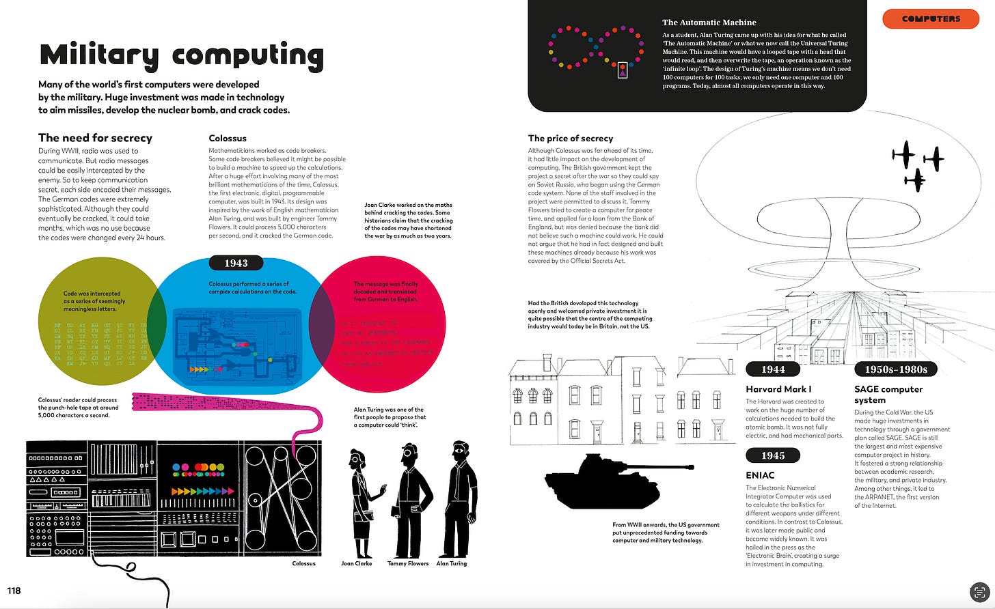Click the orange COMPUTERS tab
[x=931, y=19]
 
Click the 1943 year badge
[x=236, y=263]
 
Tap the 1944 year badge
[x=773, y=369]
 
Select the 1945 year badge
[x=773, y=455]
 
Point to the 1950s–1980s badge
[x=895, y=369]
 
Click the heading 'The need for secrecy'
[x=95, y=138]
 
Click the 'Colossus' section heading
[x=228, y=138]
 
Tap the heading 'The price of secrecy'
[x=570, y=138]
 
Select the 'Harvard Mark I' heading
[x=778, y=389]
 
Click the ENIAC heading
[x=760, y=475]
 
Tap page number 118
[x=14, y=591]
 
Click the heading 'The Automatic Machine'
[x=709, y=23]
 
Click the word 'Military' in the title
[x=99, y=56]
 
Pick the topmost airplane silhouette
[x=903, y=154]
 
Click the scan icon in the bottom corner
[x=979, y=592]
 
